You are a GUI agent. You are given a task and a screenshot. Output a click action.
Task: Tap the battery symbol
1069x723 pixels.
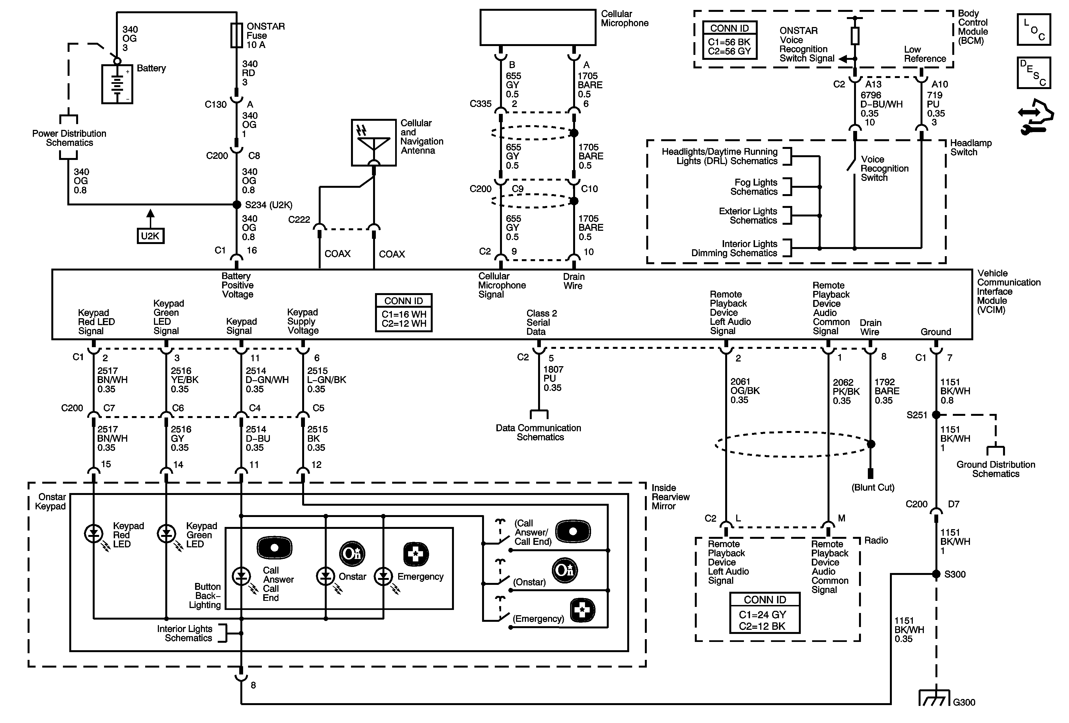pyautogui.click(x=117, y=84)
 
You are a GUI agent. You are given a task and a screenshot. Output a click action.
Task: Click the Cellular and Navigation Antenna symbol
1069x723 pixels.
pyautogui.click(x=374, y=143)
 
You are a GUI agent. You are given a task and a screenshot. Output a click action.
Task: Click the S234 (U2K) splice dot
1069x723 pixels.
pyautogui.click(x=237, y=205)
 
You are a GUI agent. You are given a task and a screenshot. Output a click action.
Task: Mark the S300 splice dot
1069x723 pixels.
pyautogui.click(x=936, y=574)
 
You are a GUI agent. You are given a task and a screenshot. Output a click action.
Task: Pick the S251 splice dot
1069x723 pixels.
pyautogui.click(x=936, y=415)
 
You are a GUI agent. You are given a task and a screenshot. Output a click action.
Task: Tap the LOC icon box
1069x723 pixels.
pyautogui.click(x=1034, y=30)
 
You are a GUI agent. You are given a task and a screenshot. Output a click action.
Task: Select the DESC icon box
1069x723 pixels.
pyautogui.click(x=1034, y=73)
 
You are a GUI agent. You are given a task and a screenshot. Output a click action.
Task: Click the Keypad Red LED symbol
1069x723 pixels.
pyautogui.click(x=94, y=534)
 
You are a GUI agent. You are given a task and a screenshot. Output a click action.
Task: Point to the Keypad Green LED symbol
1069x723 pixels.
pyautogui.click(x=166, y=534)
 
